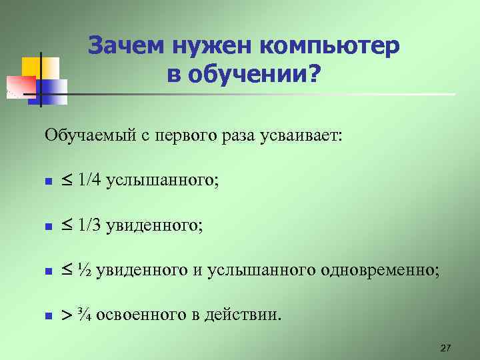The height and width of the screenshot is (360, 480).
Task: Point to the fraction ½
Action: tap(85, 270)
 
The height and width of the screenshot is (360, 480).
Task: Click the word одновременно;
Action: tap(380, 270)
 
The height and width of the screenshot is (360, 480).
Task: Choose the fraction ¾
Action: tap(85, 313)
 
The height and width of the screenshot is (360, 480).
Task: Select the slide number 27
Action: tap(446, 348)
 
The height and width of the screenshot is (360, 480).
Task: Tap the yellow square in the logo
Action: tap(32, 67)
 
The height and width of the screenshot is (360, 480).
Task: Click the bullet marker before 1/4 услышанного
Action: tap(48, 182)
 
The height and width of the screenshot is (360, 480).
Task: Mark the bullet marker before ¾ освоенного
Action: tap(48, 315)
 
